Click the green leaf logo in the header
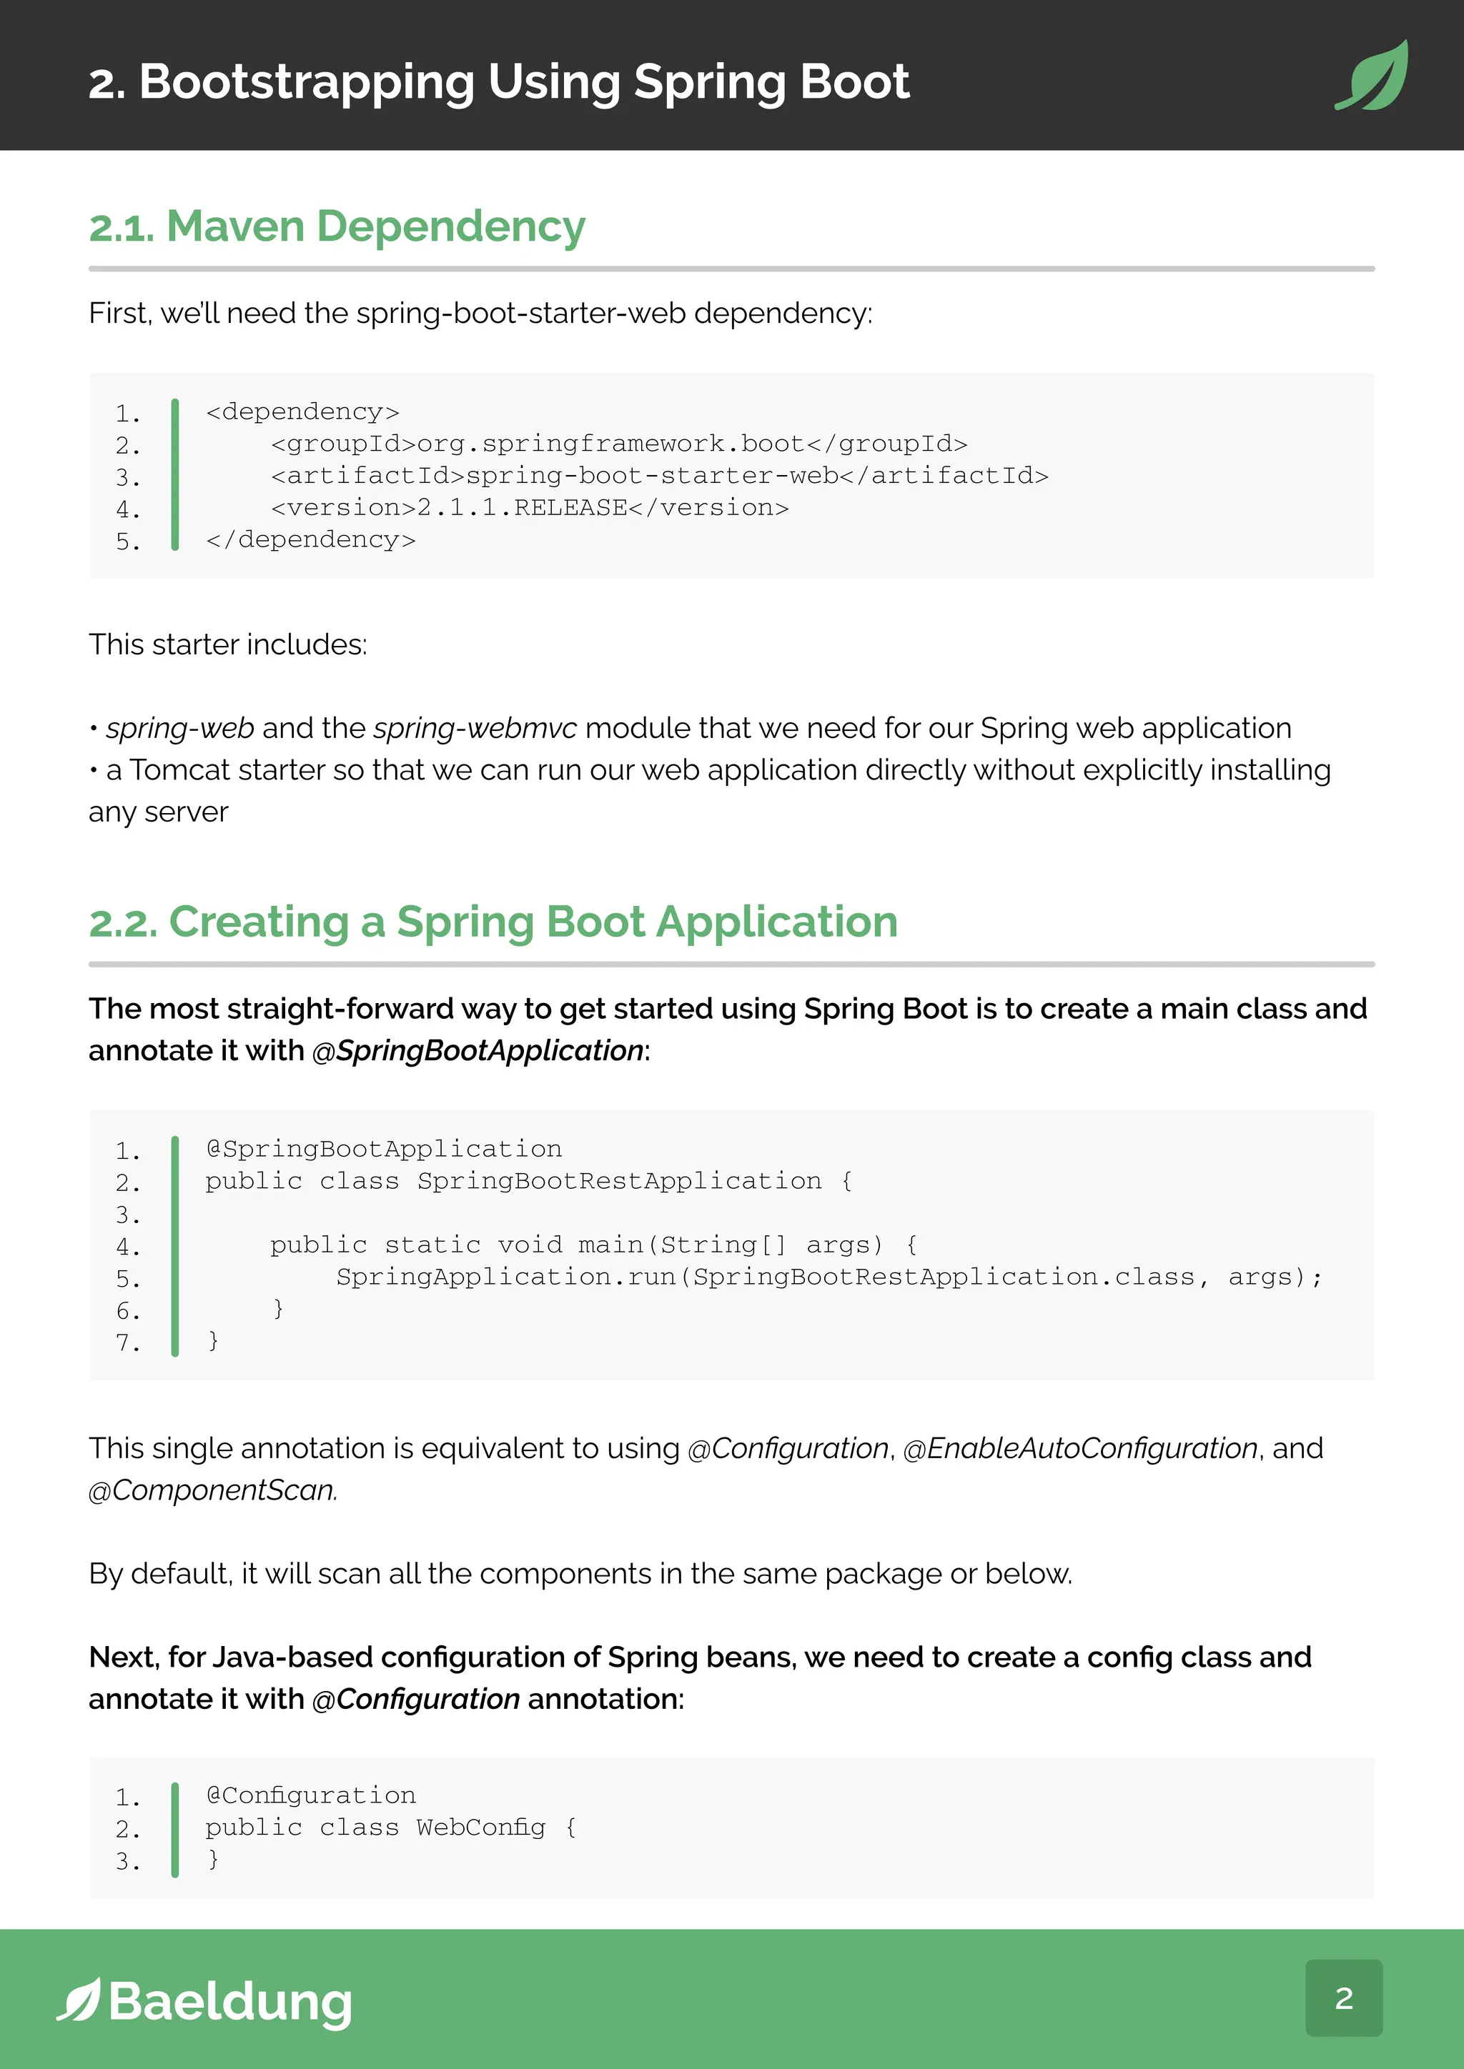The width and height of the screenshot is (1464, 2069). pyautogui.click(x=1372, y=76)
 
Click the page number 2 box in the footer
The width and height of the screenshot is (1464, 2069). pyautogui.click(x=1343, y=1998)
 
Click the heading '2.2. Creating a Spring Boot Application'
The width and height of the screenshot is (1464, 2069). pyautogui.click(x=493, y=922)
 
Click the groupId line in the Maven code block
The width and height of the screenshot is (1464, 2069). pyautogui.click(x=618, y=444)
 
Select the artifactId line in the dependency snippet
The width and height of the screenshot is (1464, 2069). pyautogui.click(x=659, y=476)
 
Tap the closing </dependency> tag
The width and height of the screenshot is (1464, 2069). pyautogui.click(x=310, y=540)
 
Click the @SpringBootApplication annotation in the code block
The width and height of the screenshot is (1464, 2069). pyautogui.click(x=383, y=1149)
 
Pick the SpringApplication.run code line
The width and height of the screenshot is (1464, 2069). pyautogui.click(x=829, y=1277)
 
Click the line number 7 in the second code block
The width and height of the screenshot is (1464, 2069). pyautogui.click(x=127, y=1342)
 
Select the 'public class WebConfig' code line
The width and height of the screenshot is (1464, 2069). pyautogui.click(x=390, y=1828)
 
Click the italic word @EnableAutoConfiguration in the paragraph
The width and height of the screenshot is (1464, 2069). pyautogui.click(x=1080, y=1448)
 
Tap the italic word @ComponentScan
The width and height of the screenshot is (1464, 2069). pyautogui.click(x=212, y=1490)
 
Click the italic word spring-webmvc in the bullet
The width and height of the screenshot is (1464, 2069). pyautogui.click(x=475, y=728)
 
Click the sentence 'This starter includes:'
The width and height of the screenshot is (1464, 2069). pyautogui.click(x=228, y=644)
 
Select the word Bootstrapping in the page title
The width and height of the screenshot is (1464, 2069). pyautogui.click(x=307, y=82)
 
